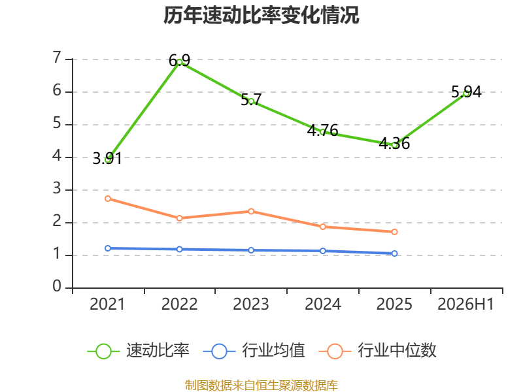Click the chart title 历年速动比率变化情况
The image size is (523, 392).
[x=261, y=15]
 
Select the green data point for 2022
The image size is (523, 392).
[x=179, y=62]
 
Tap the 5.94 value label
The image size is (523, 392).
[x=466, y=91]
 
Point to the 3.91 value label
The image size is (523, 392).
[x=107, y=158]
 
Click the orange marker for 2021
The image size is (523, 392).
[x=108, y=199]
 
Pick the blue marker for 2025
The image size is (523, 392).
[x=394, y=253]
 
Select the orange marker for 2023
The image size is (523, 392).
[x=251, y=211]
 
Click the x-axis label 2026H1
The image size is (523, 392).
[x=465, y=304]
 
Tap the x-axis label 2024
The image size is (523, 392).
[x=323, y=304]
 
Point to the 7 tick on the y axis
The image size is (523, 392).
[x=57, y=57]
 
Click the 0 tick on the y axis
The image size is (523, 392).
[x=57, y=286]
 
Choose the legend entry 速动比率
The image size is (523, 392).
[x=139, y=351]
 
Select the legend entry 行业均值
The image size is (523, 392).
[x=254, y=351]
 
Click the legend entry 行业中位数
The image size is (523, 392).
[x=378, y=351]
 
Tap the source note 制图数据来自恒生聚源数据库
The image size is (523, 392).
[x=261, y=385]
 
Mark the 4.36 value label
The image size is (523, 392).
[x=394, y=143]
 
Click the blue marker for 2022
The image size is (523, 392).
[x=179, y=250]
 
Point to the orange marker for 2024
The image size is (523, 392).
[x=323, y=227]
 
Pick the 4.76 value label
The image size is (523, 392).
[x=322, y=130]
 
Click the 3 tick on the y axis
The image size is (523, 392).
[x=57, y=188]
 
